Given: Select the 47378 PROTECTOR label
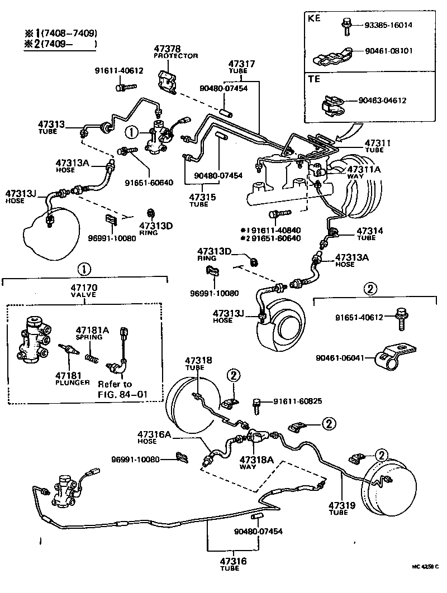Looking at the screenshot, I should coord(175,52).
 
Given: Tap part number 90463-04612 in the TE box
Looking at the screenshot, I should coord(383,101).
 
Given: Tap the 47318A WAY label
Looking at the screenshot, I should coord(256,463).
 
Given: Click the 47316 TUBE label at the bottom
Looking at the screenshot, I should coord(230,563).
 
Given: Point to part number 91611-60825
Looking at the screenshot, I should coord(297,401).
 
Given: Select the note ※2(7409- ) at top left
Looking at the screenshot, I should coord(60,44).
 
